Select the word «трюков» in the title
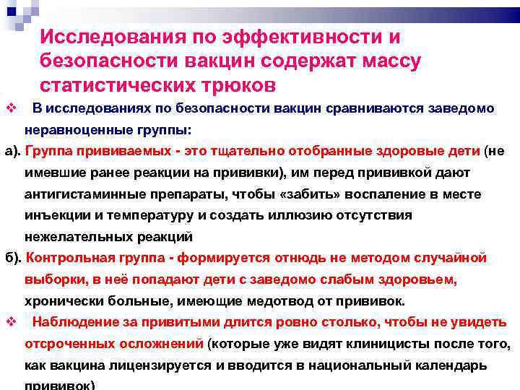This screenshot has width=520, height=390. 238,84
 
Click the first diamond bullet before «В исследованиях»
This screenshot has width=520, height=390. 11,108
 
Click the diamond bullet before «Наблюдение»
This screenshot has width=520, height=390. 11,323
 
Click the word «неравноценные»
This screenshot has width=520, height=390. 69,131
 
